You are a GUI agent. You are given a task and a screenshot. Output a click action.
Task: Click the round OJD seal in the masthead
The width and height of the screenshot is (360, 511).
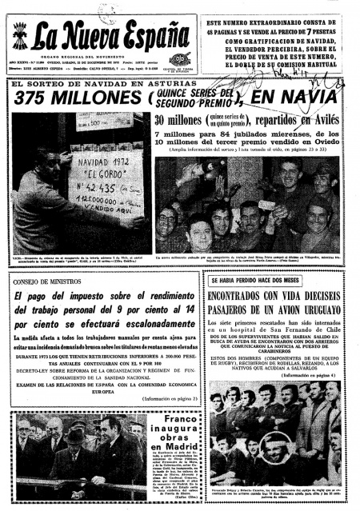point(180,58)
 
